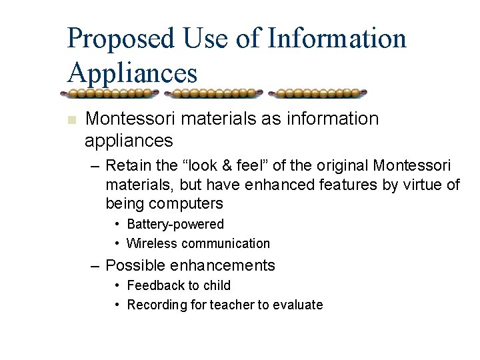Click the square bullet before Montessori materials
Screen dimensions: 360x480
72,121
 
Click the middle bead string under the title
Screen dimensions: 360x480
213,93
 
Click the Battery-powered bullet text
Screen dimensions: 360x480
175,225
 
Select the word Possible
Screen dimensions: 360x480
135,265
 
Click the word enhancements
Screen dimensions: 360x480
223,265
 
